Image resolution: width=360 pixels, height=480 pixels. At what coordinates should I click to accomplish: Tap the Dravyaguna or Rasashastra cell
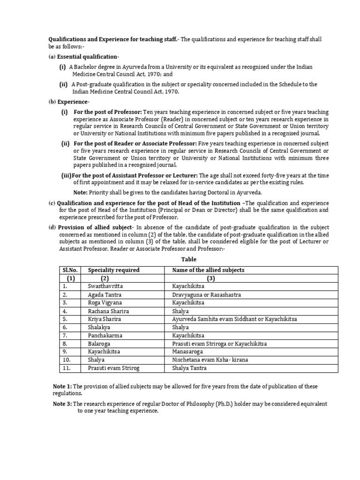tap(202, 293)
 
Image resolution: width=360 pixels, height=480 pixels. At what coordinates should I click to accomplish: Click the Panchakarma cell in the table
tap(104, 336)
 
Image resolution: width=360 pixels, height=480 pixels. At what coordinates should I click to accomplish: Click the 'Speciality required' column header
tap(113, 270)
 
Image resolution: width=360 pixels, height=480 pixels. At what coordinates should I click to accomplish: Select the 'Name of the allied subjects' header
tap(208, 270)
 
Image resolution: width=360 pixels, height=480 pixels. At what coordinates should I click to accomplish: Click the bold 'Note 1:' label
tap(63, 386)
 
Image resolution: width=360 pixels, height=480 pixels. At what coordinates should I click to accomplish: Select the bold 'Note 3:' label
tap(63, 404)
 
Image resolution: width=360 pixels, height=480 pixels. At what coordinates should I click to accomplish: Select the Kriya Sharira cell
tap(104, 319)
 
